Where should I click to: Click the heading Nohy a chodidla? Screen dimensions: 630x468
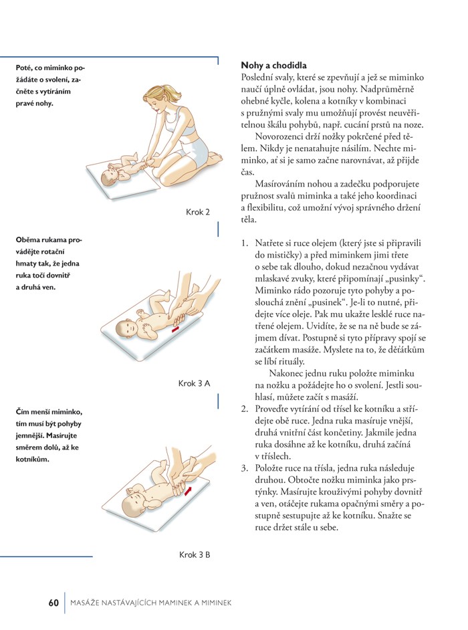(273, 66)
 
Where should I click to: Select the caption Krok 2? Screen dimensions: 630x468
(198, 212)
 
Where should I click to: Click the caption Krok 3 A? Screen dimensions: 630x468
(195, 383)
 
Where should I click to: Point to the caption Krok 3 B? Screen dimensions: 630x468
(195, 554)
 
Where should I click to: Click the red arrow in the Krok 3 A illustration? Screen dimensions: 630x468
(174, 328)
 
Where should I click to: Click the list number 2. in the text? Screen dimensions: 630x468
(245, 408)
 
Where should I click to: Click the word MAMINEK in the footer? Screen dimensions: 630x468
(174, 603)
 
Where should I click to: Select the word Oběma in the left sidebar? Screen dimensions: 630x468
(28, 239)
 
